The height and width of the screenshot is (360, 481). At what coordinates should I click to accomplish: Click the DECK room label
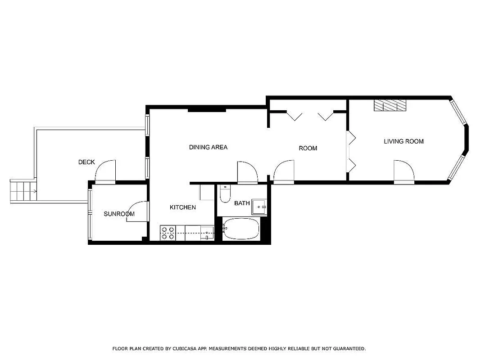tap(86, 162)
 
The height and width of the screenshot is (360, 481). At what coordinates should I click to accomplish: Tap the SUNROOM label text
tap(119, 214)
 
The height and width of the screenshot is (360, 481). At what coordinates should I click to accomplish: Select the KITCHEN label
tap(182, 207)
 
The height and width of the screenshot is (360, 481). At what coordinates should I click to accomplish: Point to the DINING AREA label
tap(208, 147)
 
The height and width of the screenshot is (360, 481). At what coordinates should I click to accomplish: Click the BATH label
tap(242, 203)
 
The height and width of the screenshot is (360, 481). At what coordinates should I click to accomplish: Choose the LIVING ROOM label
tap(404, 141)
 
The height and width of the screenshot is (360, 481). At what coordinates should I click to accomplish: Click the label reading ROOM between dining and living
tap(308, 148)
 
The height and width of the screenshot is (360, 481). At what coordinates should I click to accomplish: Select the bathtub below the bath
tap(241, 229)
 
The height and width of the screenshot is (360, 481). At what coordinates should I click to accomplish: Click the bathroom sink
tap(259, 207)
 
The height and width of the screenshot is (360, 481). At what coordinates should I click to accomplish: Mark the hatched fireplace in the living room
tap(390, 105)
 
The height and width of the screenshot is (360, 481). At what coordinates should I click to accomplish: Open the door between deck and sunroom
tap(106, 172)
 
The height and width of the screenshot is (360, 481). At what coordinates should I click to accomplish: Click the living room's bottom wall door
tap(404, 172)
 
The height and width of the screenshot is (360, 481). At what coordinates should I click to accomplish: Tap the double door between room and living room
tap(350, 151)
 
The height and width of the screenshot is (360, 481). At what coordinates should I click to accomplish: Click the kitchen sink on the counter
tap(207, 234)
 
